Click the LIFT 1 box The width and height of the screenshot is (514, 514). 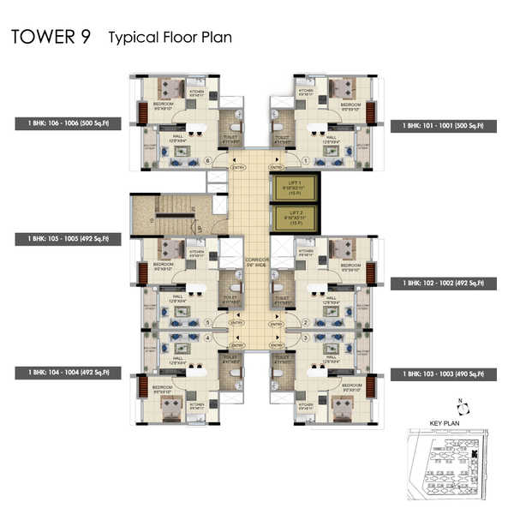point(294,188)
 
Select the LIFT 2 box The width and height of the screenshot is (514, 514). point(294,218)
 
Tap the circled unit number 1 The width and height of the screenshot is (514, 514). point(305,161)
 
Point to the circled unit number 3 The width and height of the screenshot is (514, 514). point(305,339)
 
